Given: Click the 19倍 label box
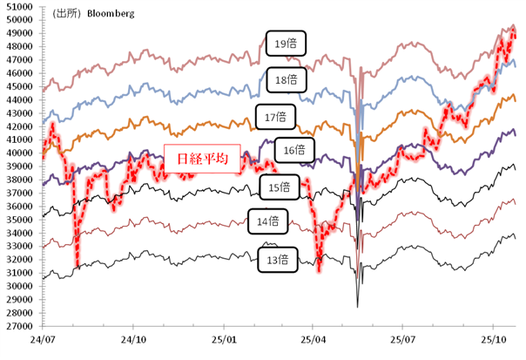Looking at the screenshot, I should (x=287, y=44).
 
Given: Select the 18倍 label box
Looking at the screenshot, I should (x=287, y=79).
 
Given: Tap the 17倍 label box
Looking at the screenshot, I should (x=277, y=115).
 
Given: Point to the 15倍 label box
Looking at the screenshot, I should (x=280, y=187).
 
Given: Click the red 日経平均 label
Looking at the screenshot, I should (x=197, y=158).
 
